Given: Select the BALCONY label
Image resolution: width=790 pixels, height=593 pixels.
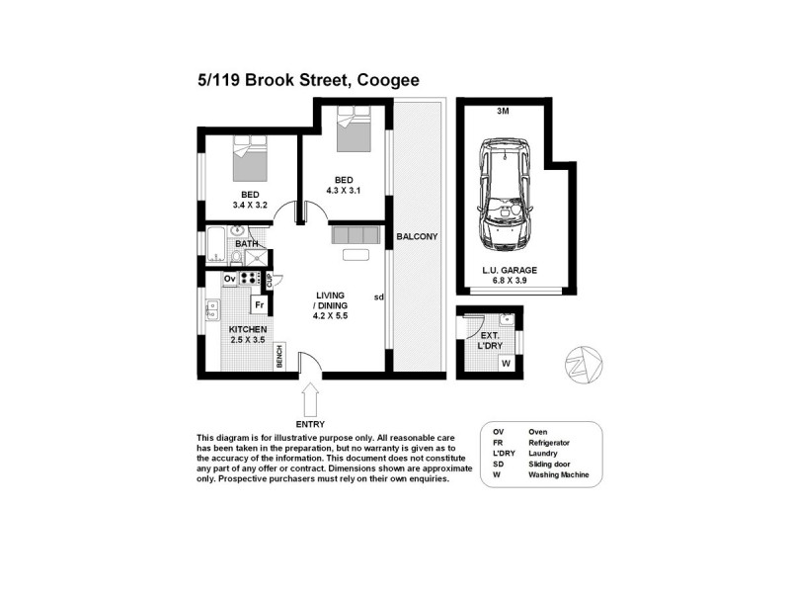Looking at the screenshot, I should pyautogui.click(x=416, y=237).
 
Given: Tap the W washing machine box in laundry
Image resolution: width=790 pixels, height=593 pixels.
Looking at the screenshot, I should pyautogui.click(x=507, y=364).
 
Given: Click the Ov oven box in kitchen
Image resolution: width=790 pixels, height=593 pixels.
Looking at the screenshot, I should pyautogui.click(x=229, y=280).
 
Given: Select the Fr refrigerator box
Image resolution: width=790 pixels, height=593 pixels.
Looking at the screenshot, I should pyautogui.click(x=260, y=305).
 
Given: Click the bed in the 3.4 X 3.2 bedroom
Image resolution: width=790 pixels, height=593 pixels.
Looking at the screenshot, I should pyautogui.click(x=246, y=157).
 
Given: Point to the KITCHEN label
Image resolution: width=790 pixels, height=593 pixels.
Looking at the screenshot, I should pyautogui.click(x=248, y=329).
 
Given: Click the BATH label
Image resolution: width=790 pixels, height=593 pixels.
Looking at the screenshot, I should pyautogui.click(x=246, y=243).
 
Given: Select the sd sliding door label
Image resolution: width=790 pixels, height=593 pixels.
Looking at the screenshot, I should pyautogui.click(x=379, y=296).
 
